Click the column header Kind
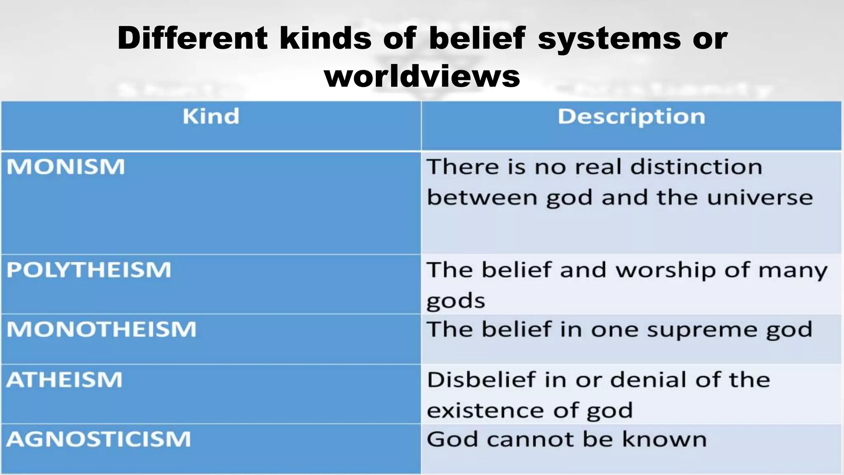point(211,116)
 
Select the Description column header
point(631,117)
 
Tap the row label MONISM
point(66,167)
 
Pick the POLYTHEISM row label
point(89,270)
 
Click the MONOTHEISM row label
point(101,329)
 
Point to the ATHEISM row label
point(65,380)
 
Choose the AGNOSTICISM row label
point(99,439)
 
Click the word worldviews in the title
point(422,76)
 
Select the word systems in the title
point(610,38)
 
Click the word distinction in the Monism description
point(696,167)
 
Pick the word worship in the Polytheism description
point(666,270)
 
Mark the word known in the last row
point(664,439)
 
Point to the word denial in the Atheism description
point(649,380)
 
